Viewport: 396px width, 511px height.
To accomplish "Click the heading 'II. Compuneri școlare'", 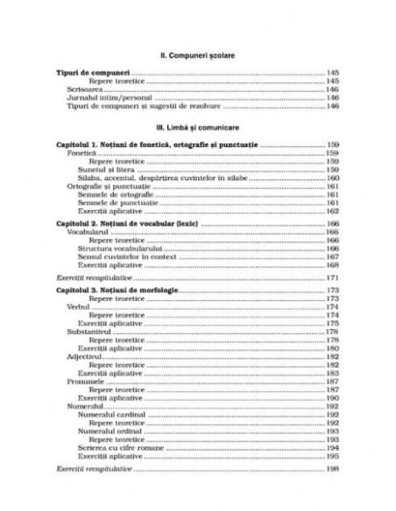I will coord(197,54).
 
